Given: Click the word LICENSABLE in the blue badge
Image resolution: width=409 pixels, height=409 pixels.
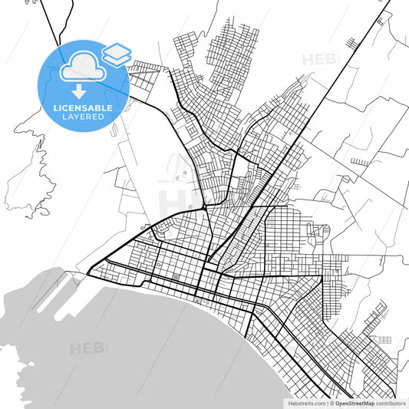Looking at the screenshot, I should coord(83,108).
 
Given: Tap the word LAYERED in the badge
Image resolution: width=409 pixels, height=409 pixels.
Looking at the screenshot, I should coord(83,117).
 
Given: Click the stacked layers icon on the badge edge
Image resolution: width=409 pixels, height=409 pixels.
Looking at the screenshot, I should coord(117,54).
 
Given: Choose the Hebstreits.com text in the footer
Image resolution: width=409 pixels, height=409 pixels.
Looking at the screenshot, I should coord(305,402).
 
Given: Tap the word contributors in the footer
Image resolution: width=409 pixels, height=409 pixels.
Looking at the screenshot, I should coord(391,402).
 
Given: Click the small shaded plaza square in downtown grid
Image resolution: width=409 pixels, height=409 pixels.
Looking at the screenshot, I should coord(176,277).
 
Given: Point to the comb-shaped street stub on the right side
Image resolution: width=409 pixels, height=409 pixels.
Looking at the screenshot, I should coord(359,162).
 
